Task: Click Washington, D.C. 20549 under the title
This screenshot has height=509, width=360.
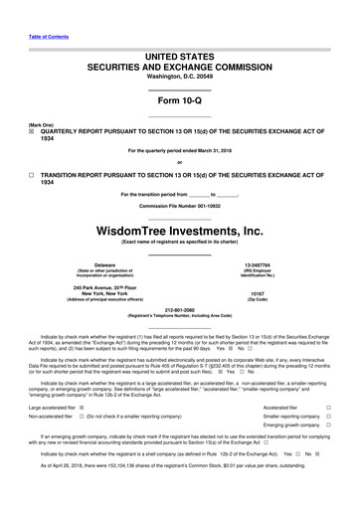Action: pyautogui.click(x=180, y=76)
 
